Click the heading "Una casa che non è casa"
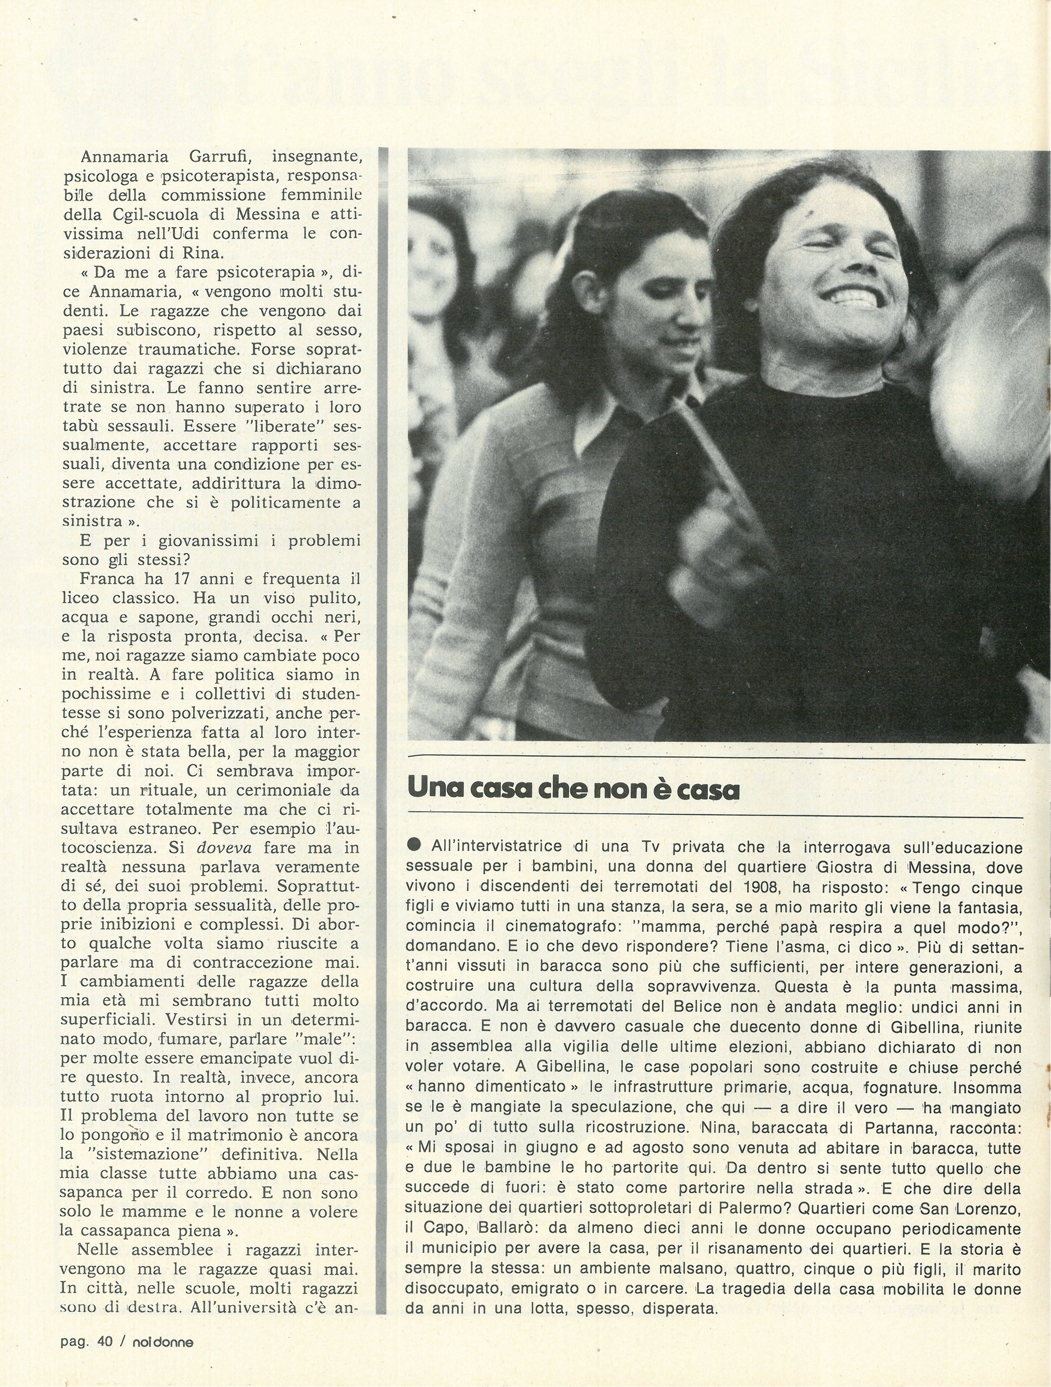click(x=573, y=789)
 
